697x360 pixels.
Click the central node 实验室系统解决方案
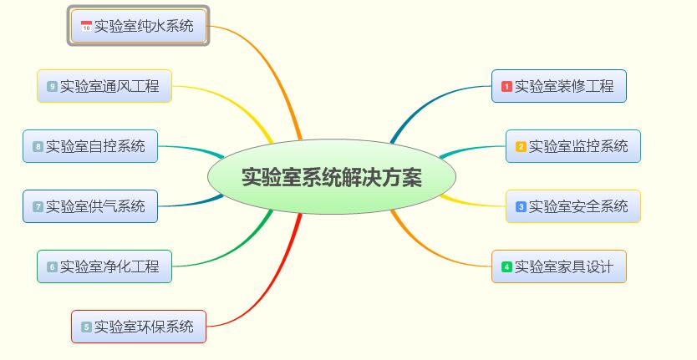coord(331,178)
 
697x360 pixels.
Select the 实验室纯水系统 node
coord(140,26)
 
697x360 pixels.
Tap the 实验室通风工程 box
coord(104,86)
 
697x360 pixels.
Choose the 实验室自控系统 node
coord(90,146)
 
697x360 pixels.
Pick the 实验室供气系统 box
coord(90,206)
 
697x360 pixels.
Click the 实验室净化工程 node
coord(104,266)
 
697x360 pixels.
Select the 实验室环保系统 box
coord(139,327)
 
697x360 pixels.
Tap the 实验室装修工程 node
coord(559,86)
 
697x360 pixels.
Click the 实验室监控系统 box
coord(573,146)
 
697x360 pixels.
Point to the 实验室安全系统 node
coord(573,206)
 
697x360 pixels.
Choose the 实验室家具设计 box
coord(559,266)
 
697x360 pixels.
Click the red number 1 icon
coord(506,87)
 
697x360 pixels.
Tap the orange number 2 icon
coord(521,147)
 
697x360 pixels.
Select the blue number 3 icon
coord(521,207)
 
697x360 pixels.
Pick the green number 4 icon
coord(506,267)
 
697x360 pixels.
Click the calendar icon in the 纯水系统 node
coord(86,27)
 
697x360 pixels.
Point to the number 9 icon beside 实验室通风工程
coord(52,87)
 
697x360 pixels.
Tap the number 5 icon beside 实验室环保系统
coord(86,327)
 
